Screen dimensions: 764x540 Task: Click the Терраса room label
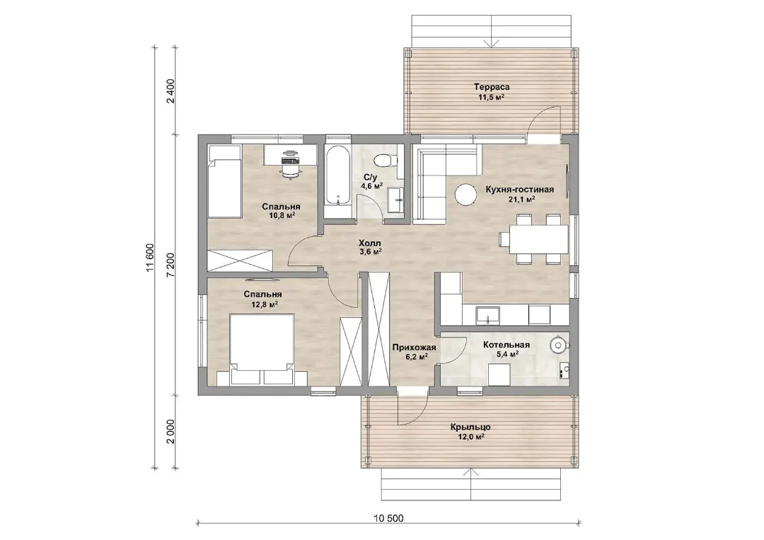click(492, 87)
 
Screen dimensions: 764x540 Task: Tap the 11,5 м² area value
click(491, 98)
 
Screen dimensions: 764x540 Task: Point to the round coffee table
click(465, 194)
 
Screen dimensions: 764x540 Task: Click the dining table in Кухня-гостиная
click(538, 239)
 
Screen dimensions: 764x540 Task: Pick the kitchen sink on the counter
click(487, 314)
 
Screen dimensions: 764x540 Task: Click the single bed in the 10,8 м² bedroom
click(225, 181)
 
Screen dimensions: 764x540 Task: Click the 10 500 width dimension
click(389, 519)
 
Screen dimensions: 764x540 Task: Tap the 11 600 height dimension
click(150, 258)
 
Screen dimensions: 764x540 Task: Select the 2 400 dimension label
click(170, 91)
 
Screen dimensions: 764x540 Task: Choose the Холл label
click(370, 243)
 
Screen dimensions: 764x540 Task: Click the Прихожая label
click(414, 347)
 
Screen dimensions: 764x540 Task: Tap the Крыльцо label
click(470, 427)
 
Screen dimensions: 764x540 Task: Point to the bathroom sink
click(395, 200)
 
